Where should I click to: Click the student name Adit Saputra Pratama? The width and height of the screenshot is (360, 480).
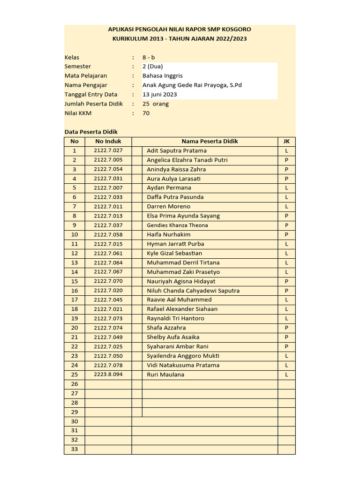(x=176, y=150)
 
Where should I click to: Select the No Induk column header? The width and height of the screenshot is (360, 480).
(x=108, y=141)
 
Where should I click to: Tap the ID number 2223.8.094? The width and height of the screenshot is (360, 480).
(x=108, y=375)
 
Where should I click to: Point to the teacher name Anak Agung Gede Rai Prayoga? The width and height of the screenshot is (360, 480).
(x=192, y=85)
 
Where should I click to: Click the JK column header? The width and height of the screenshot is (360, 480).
(x=286, y=141)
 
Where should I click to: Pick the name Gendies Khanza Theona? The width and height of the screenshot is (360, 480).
(x=177, y=225)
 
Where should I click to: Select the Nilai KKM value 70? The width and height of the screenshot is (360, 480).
(x=146, y=113)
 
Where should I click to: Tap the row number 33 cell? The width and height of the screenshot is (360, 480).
(x=75, y=449)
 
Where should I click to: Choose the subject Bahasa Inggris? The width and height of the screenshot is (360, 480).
(x=162, y=75)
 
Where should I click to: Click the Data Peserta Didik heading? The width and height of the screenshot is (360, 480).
(x=91, y=132)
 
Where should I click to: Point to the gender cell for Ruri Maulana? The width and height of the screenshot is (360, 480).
(x=286, y=375)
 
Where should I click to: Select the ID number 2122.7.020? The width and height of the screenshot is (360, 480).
(x=108, y=291)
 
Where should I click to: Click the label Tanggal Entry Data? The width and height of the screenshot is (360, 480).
(x=91, y=94)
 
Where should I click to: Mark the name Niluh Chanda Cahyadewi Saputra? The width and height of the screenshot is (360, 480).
(x=193, y=291)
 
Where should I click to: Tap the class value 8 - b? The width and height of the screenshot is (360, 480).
(x=149, y=57)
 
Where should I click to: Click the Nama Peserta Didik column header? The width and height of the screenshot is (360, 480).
(x=210, y=141)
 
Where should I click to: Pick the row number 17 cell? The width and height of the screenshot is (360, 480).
(x=75, y=300)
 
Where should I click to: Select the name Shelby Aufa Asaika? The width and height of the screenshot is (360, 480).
(x=173, y=337)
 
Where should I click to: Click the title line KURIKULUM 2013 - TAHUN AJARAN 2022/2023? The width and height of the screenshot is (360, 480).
(x=180, y=38)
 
